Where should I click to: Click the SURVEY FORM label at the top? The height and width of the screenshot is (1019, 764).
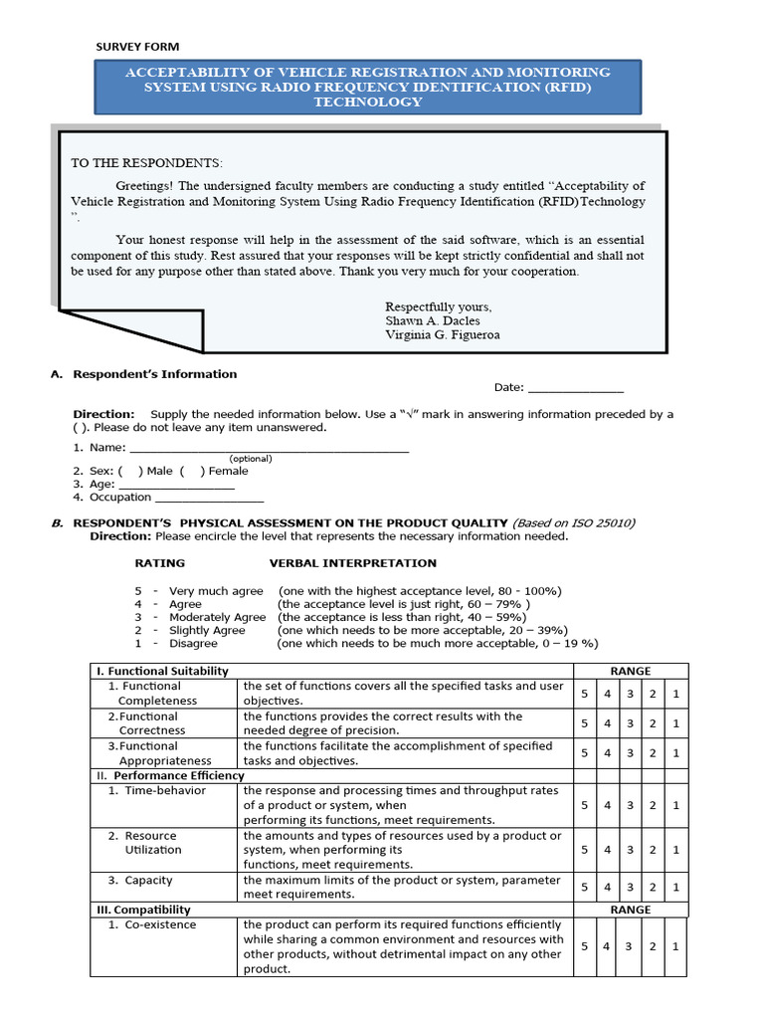coord(137,47)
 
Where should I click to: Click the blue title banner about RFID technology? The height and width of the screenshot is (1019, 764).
coord(367,87)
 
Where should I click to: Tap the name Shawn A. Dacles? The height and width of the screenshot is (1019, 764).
coord(432,320)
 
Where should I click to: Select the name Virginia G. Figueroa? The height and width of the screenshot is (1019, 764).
coord(442,335)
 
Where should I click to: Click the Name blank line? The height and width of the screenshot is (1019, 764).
coord(269,448)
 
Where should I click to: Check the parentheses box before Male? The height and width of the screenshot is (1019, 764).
coord(129,471)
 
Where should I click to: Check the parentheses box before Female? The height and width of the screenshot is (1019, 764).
coord(192,471)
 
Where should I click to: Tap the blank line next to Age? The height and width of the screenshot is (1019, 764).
coord(176,484)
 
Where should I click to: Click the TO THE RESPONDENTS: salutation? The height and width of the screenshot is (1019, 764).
coord(147,163)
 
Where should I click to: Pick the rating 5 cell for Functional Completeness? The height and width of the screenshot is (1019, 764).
coord(584,694)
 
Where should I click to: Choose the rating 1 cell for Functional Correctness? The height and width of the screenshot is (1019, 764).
coord(675,723)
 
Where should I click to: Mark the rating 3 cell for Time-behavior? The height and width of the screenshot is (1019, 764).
coord(630,805)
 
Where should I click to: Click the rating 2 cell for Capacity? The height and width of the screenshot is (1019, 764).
coord(653,888)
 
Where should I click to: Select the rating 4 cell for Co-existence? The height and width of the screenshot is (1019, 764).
coord(607,946)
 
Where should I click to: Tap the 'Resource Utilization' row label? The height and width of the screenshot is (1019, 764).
coord(152,843)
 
